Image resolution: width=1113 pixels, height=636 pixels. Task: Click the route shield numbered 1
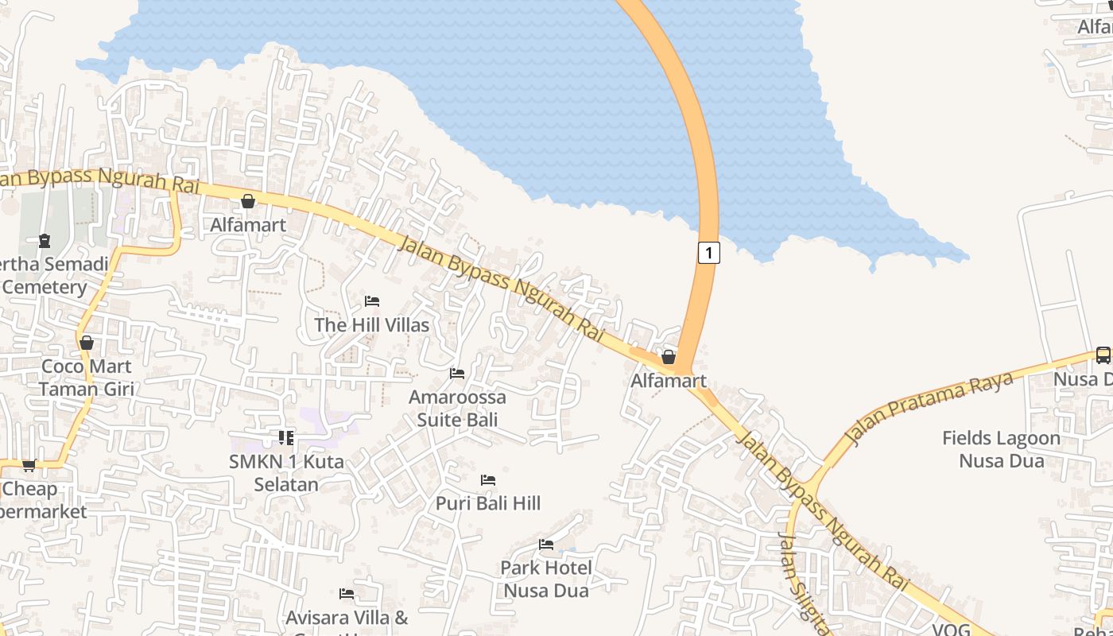click(709, 253)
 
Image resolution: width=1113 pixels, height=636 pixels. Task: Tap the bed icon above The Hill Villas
click(371, 301)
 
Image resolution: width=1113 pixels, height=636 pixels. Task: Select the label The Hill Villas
click(371, 325)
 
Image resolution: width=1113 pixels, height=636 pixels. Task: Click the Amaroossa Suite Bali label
click(457, 408)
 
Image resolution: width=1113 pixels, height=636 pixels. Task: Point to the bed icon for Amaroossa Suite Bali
click(457, 373)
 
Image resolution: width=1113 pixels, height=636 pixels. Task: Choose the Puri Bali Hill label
click(487, 503)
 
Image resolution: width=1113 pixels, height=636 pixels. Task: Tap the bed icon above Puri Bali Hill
click(488, 480)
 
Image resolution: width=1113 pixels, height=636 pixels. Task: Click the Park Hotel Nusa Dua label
click(546, 579)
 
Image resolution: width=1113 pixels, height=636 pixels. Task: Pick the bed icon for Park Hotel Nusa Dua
click(546, 545)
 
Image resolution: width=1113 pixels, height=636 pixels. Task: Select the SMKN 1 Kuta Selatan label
click(286, 473)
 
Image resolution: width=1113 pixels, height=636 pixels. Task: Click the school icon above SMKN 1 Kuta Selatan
click(286, 437)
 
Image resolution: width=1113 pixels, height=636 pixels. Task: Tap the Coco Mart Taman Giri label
click(86, 378)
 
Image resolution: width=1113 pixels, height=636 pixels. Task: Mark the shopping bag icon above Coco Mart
click(86, 343)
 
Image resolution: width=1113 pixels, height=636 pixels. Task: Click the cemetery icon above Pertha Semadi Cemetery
click(45, 240)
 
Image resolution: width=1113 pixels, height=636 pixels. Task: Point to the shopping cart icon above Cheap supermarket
click(29, 465)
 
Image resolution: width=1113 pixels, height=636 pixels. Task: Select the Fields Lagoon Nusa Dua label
click(1001, 449)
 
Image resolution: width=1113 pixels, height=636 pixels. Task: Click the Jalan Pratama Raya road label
click(929, 407)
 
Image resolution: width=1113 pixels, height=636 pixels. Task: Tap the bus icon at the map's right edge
click(1103, 355)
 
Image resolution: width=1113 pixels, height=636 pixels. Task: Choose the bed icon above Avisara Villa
click(347, 594)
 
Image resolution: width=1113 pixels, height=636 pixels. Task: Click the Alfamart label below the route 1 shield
click(668, 381)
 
